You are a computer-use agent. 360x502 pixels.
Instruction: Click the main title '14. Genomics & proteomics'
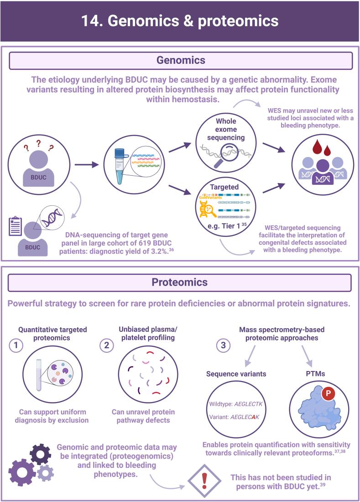click(180, 21)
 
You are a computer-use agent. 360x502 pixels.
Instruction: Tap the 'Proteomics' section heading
click(180, 282)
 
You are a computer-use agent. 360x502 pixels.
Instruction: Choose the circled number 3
click(224, 345)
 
